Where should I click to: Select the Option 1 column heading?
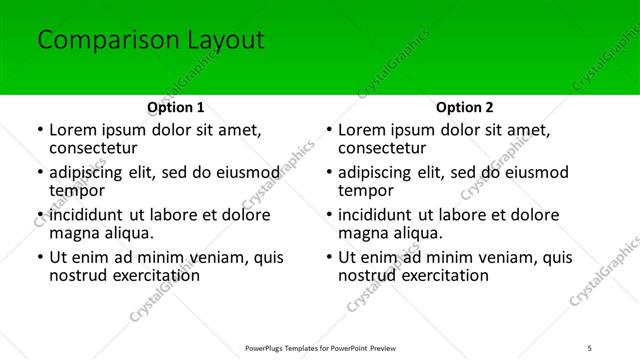click(175, 107)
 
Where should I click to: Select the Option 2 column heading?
click(464, 107)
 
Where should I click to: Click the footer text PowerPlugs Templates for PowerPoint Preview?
click(319, 348)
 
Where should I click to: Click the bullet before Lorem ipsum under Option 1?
click(40, 130)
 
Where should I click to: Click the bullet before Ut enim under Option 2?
click(329, 258)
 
